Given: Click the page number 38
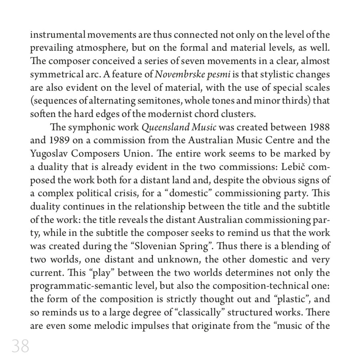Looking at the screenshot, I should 20,346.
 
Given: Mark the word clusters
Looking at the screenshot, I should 241,114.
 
